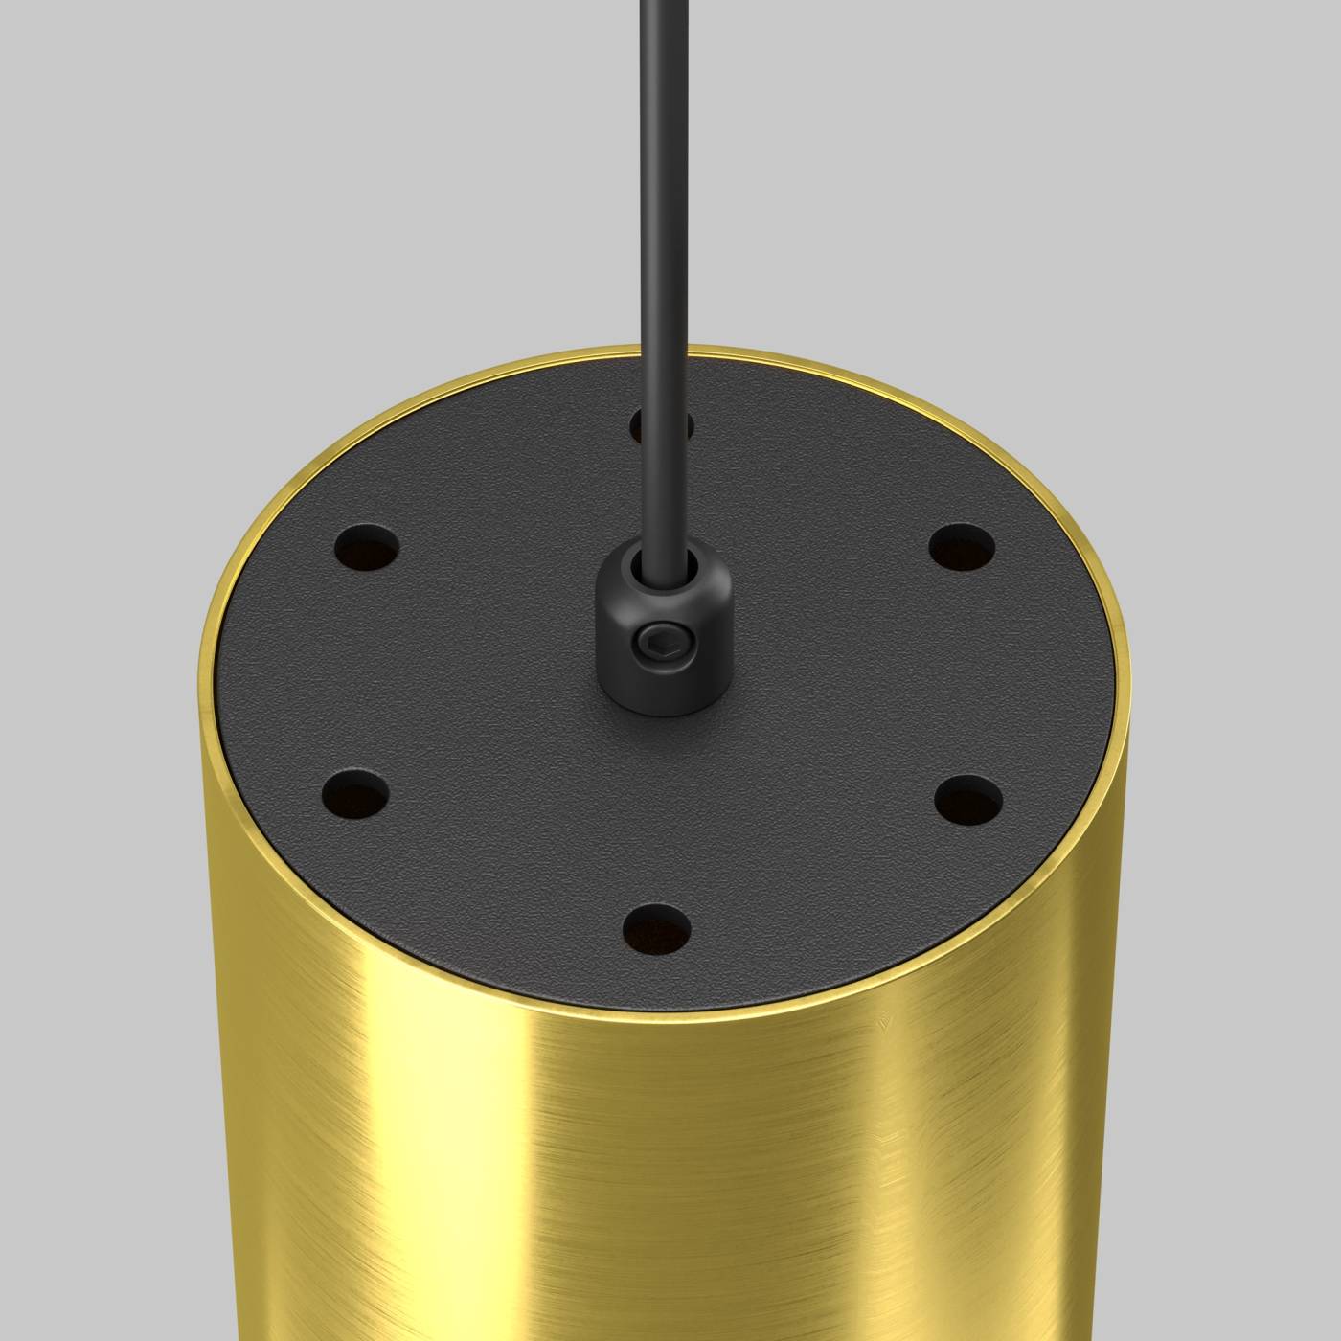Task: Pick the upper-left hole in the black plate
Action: (x=367, y=549)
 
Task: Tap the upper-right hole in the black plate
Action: (x=962, y=548)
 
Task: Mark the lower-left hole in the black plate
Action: (x=355, y=793)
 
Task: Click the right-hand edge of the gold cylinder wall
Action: (x=1125, y=958)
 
